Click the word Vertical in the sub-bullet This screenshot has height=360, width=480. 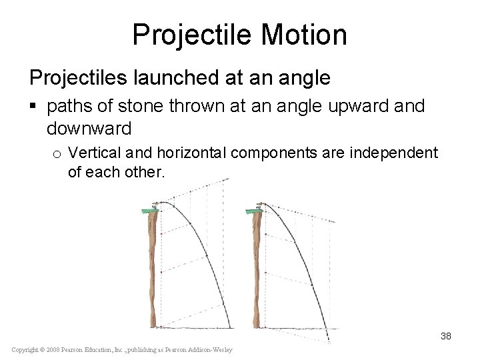pos(92,153)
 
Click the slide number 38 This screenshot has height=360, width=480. pos(445,336)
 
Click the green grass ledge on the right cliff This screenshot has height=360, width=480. pos(255,211)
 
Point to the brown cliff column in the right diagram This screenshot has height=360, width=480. pos(258,267)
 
